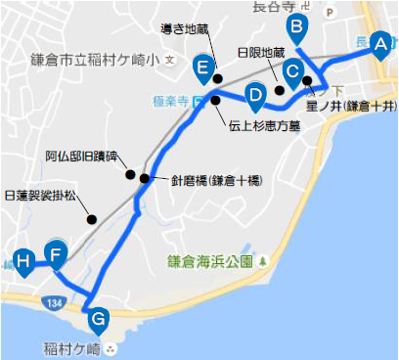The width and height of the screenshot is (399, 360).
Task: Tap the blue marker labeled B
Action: coord(297,27)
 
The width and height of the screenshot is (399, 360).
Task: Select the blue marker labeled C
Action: coord(292,71)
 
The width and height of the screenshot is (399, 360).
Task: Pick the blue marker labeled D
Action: coord(255,96)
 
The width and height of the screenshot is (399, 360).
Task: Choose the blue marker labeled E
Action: coord(203,67)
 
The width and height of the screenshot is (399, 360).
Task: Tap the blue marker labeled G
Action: coord(98,319)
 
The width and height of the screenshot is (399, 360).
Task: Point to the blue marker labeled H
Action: coord(23,261)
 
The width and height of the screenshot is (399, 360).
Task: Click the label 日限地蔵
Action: coord(261,53)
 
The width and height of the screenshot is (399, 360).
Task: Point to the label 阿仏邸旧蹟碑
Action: coord(80,157)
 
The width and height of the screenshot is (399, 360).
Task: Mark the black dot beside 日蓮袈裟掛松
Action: coord(92,219)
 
